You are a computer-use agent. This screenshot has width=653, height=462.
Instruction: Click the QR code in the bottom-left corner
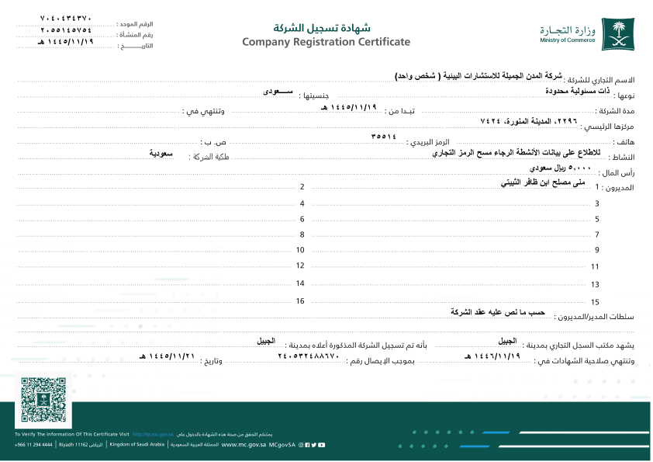tap(43, 401)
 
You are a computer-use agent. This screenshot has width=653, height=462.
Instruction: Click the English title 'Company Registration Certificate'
tap(326, 42)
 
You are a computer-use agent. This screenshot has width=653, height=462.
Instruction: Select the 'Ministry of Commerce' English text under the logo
tap(568, 40)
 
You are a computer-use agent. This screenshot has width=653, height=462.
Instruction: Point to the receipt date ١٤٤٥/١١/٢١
tap(165, 356)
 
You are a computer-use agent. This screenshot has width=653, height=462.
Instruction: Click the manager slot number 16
tap(300, 300)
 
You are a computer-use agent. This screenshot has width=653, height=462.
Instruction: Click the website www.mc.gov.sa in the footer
tap(244, 445)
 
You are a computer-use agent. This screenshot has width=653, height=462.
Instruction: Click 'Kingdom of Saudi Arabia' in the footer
tap(137, 445)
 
